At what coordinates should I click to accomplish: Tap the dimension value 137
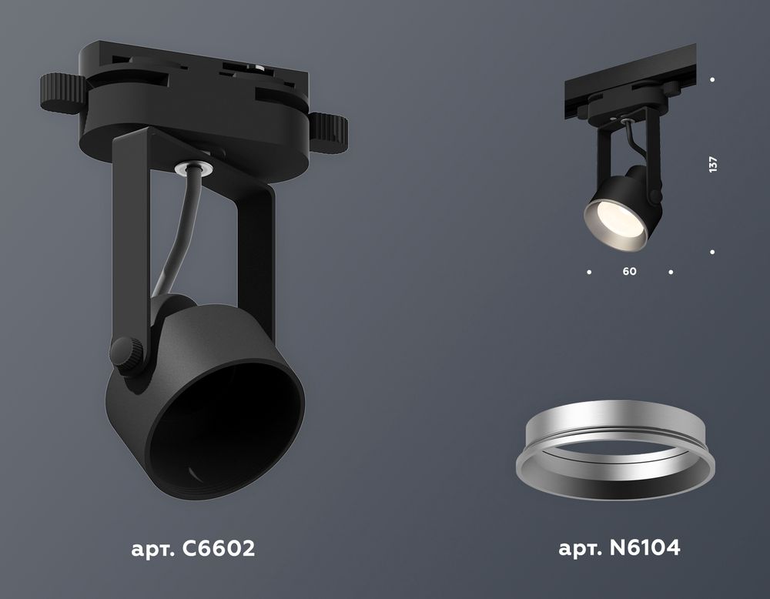point(713,164)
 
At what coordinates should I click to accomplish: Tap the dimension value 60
point(630,272)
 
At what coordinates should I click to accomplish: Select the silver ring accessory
point(615,454)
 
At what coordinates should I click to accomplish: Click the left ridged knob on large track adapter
point(59,93)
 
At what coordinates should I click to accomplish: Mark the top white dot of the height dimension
point(713,80)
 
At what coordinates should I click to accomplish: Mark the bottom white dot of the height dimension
point(713,252)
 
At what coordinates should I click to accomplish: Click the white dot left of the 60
point(589,272)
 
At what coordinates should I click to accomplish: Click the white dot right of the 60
point(671,272)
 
